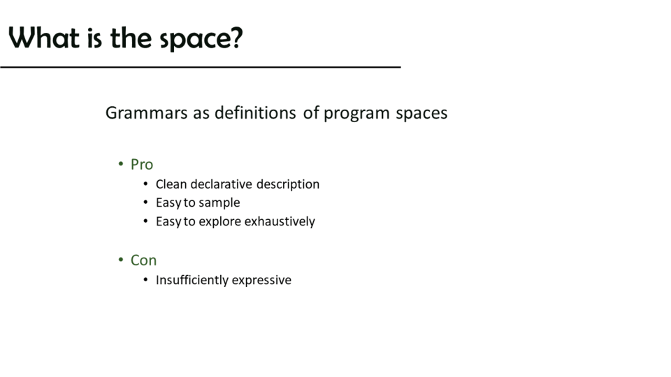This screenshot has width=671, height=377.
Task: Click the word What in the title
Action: [44, 38]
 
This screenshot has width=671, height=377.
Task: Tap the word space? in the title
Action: [201, 39]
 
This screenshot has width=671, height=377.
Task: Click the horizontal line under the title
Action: [201, 67]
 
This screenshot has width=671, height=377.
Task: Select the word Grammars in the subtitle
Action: [146, 113]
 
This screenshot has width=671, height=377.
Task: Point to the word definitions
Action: [255, 113]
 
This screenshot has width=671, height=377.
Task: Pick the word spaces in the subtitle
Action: [421, 114]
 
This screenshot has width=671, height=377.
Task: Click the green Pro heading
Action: [142, 165]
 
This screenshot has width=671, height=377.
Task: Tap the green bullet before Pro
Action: [121, 163]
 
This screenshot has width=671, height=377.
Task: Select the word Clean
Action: [171, 184]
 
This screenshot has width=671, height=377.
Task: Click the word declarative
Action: [222, 184]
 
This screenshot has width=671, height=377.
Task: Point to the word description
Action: [288, 184]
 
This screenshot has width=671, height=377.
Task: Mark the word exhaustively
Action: [280, 221]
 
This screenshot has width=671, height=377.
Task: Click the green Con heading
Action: [143, 260]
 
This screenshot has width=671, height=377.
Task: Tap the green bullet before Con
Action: [121, 260]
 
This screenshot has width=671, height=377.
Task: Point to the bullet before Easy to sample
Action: [146, 202]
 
